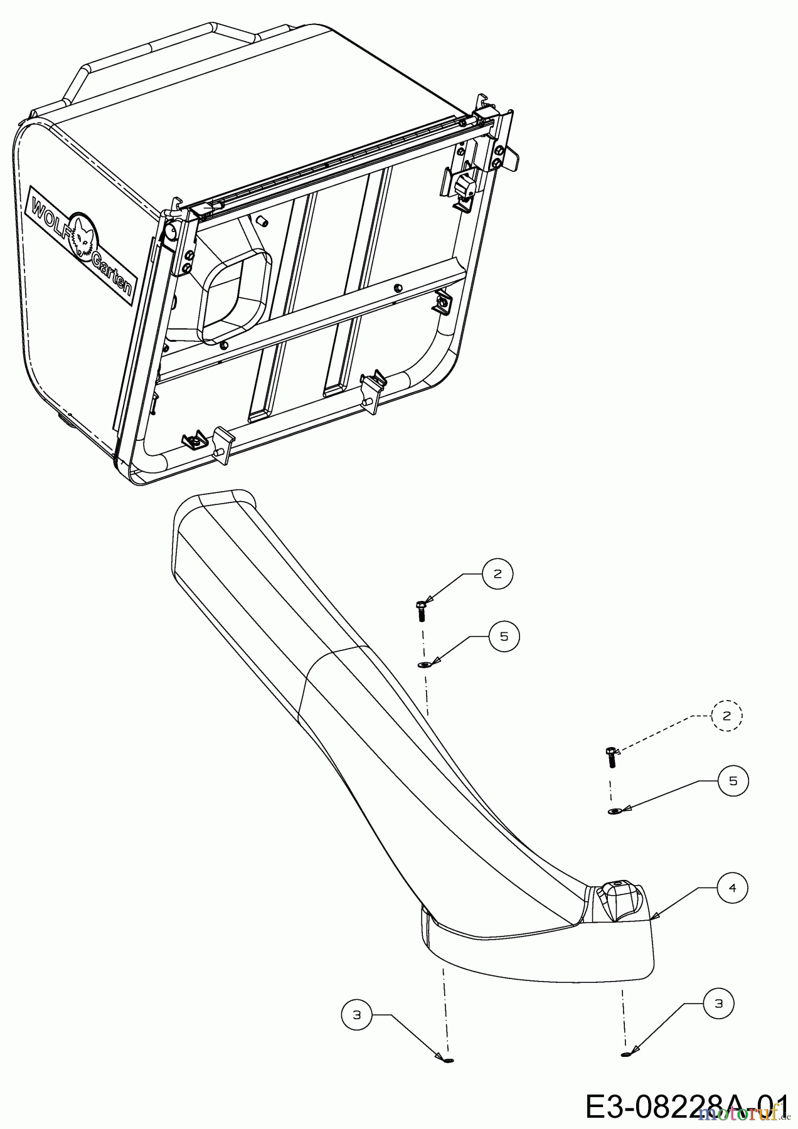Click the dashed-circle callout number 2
coord(726,716)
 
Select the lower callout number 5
coord(733,780)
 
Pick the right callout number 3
coord(719,1004)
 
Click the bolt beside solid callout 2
coord(421,610)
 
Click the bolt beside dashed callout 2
coord(611,757)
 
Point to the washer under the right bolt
coord(615,812)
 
